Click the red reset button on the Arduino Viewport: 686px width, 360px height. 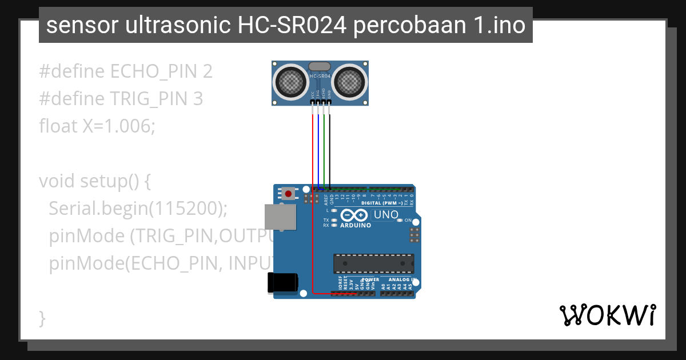(288, 194)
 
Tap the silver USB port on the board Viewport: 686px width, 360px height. (280, 217)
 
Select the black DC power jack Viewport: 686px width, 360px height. (283, 282)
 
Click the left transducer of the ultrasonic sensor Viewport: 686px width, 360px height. (291, 82)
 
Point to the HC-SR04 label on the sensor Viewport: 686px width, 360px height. (320, 75)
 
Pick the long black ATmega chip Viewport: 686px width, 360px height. (374, 263)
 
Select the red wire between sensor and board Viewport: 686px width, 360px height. (313, 149)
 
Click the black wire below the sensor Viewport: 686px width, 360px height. (329, 149)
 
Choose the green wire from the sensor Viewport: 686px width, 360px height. (324, 149)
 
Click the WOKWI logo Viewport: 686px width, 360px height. (607, 315)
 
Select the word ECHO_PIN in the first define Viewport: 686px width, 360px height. (152, 71)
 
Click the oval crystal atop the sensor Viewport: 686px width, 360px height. (320, 67)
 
